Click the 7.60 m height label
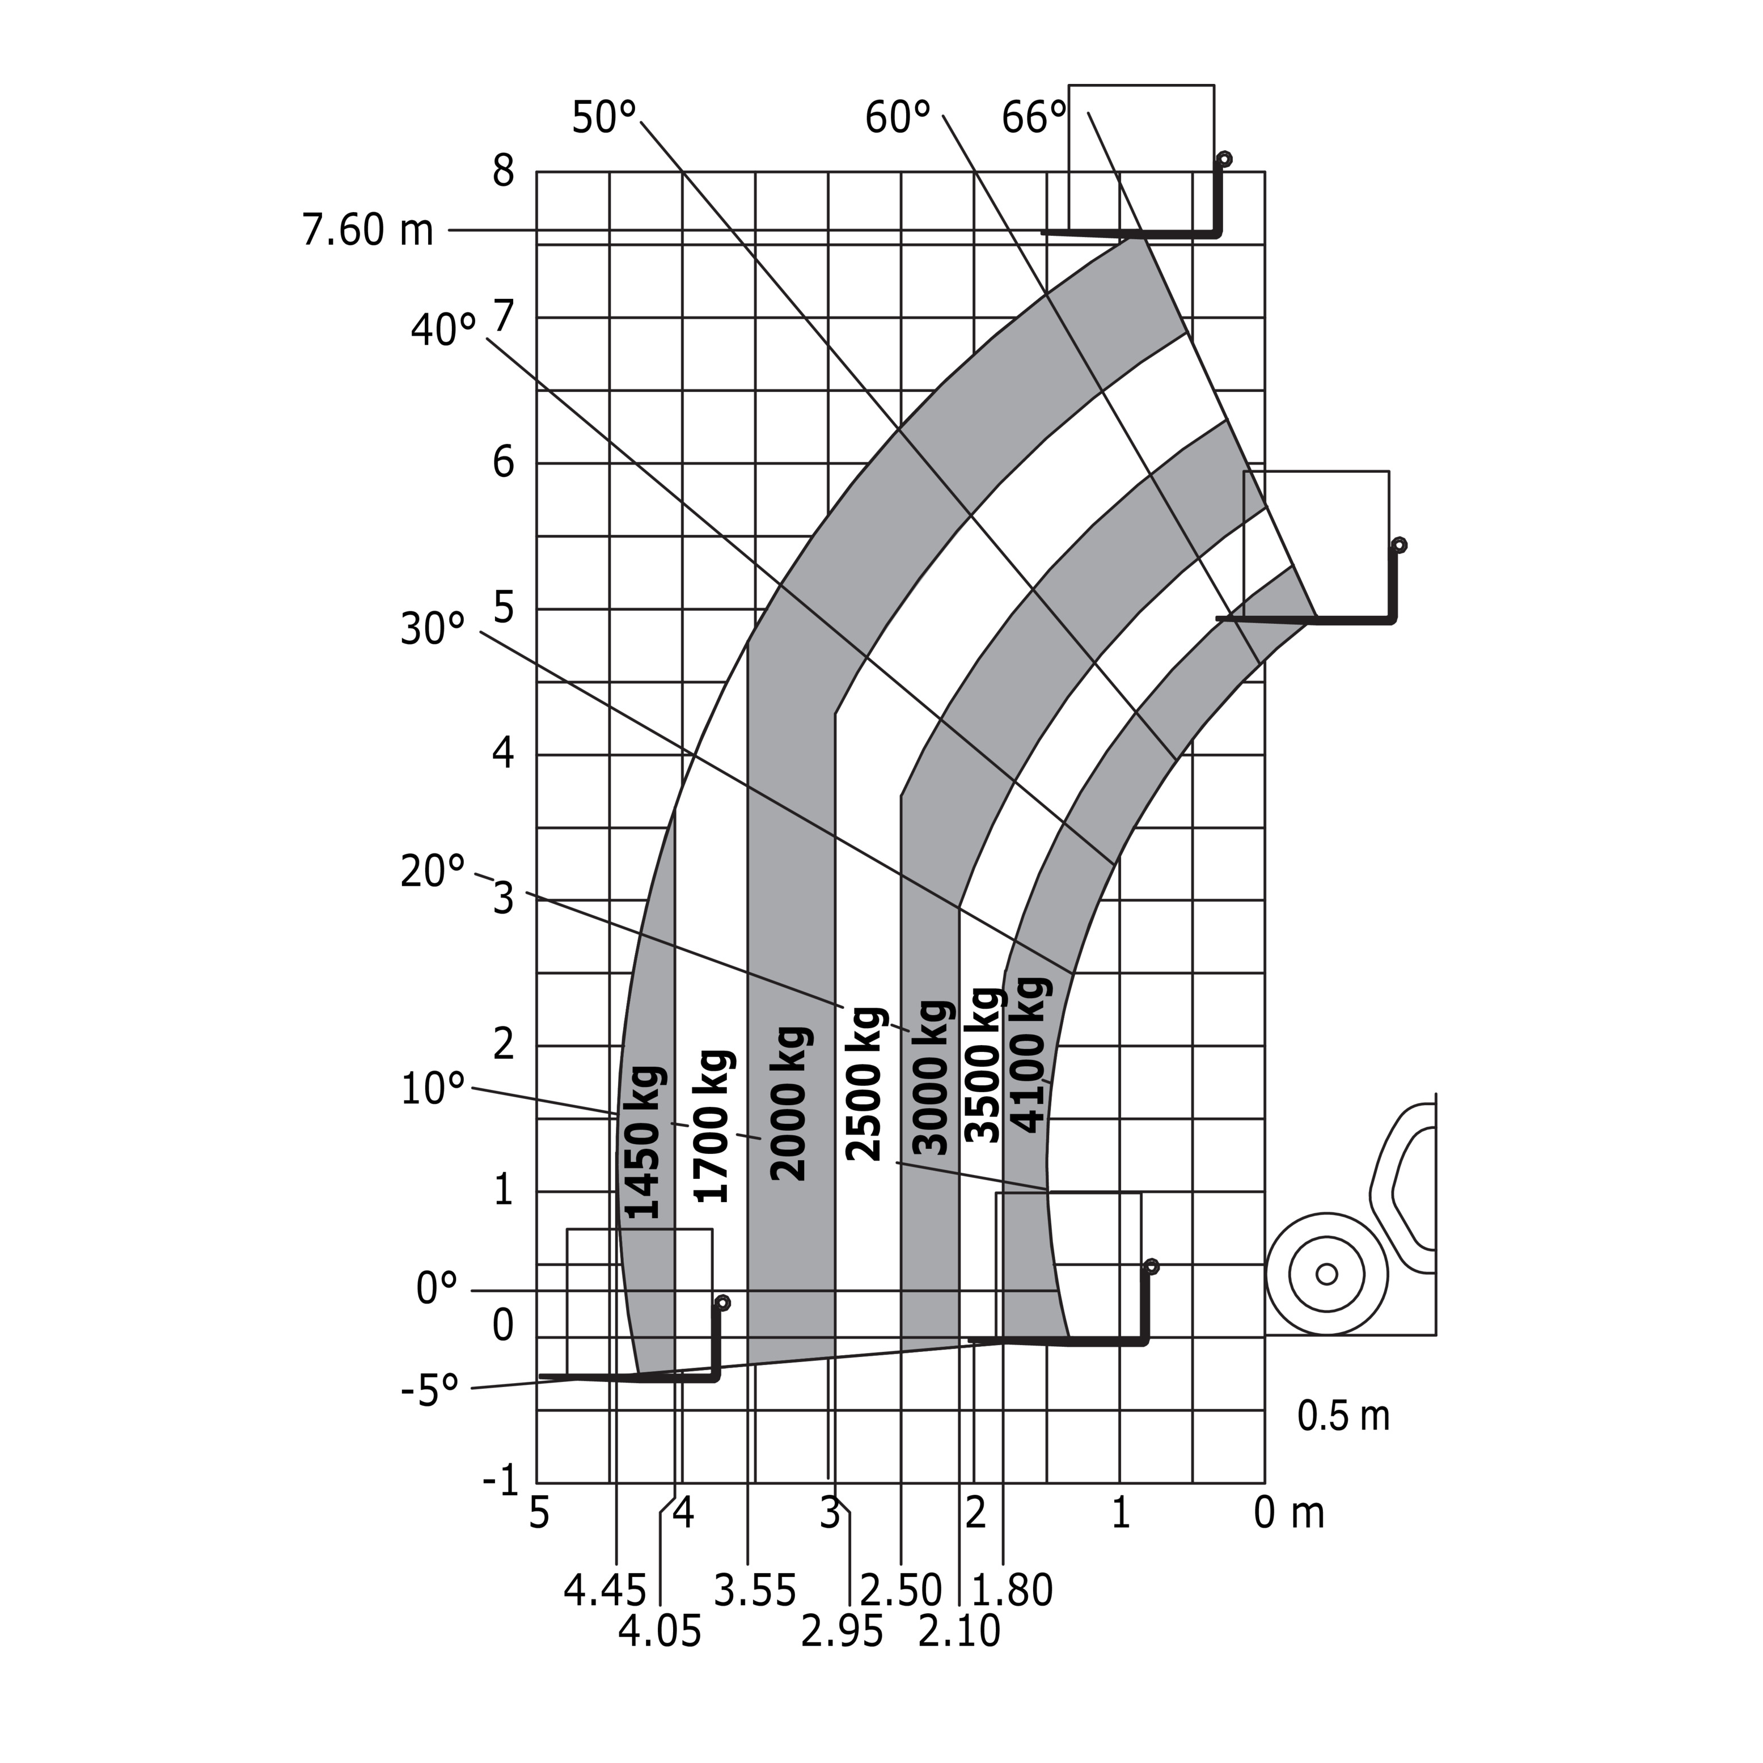(x=368, y=230)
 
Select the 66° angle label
(x=1034, y=118)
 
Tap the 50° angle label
(x=603, y=118)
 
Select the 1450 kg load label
(x=641, y=1143)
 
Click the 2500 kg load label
(x=864, y=1084)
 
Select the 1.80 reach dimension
(x=1012, y=1591)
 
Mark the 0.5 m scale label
(x=1343, y=1415)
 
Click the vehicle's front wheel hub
(x=1327, y=1274)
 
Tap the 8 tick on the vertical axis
(x=504, y=171)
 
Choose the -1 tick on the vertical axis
(x=501, y=1479)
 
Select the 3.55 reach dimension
(x=755, y=1591)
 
